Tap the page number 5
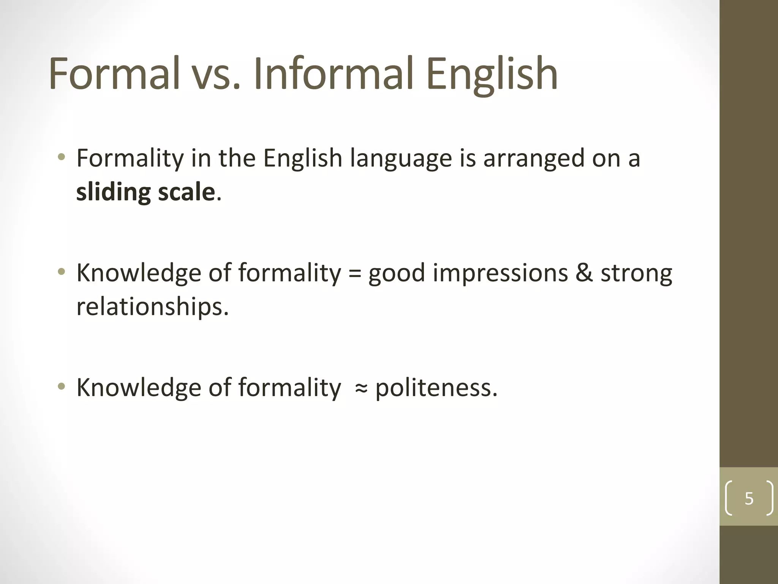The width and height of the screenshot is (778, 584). point(749,498)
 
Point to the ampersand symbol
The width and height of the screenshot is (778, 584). point(583,273)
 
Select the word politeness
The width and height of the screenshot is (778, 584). point(436,388)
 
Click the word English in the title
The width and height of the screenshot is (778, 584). point(492,74)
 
